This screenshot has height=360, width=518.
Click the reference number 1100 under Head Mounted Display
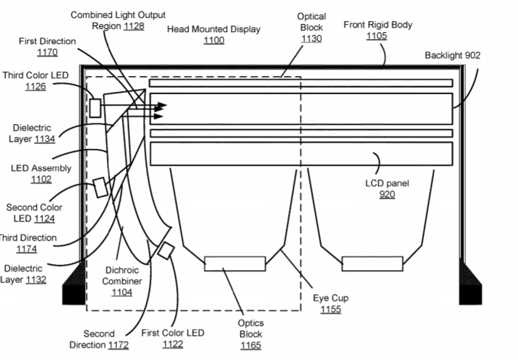click(x=214, y=40)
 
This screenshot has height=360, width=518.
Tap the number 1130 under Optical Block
click(x=311, y=38)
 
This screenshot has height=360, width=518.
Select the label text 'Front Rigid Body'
click(x=378, y=25)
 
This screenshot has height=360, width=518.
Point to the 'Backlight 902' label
click(x=452, y=56)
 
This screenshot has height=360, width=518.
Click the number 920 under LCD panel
click(x=387, y=194)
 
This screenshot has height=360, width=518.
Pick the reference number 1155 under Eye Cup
click(x=331, y=309)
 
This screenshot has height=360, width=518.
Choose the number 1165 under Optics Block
click(x=251, y=346)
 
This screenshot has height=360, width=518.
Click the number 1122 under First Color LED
click(x=173, y=344)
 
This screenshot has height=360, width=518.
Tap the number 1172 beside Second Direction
click(x=118, y=345)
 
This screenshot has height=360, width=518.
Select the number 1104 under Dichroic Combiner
click(x=121, y=292)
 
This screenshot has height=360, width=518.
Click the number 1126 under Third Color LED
click(x=36, y=86)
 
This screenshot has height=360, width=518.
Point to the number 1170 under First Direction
click(x=47, y=52)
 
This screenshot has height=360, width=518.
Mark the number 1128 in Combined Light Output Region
click(x=134, y=26)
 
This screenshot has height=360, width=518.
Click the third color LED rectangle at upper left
click(x=95, y=108)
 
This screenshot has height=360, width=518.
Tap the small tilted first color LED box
click(x=166, y=251)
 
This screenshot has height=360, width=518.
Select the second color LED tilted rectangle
click(x=100, y=187)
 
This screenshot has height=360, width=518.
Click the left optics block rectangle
click(x=235, y=264)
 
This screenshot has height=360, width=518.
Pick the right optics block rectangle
click(x=372, y=264)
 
